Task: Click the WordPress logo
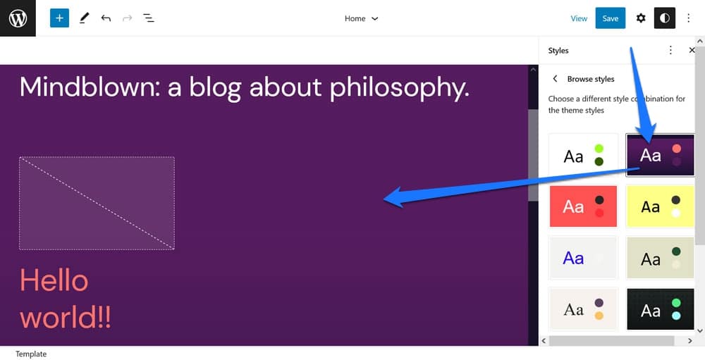18,18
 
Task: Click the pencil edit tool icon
84,18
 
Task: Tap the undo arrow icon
106,18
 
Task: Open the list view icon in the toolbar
148,18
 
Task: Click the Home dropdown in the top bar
361,18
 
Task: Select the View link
579,18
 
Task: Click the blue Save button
610,18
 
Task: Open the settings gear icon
641,18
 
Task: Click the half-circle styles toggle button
665,18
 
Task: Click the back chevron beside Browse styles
556,79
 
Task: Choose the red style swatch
583,206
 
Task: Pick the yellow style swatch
660,206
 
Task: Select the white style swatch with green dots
583,156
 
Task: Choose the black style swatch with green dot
660,309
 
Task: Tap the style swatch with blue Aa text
583,258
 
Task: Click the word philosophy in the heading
400,87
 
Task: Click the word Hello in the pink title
54,280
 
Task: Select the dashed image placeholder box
97,203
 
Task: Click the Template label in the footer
31,354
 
